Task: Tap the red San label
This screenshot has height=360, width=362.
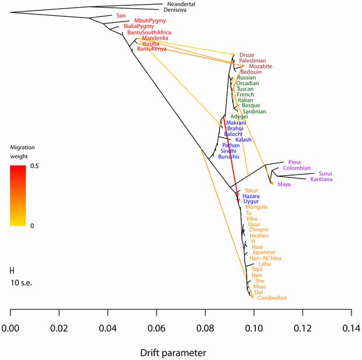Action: coord(121,15)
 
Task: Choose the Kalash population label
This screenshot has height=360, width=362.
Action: coord(243,140)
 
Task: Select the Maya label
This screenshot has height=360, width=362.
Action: coord(284,184)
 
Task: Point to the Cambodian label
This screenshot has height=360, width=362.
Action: coord(272,298)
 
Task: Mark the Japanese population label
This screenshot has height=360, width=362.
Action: coord(263,252)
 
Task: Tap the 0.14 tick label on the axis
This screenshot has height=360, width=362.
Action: coord(351,329)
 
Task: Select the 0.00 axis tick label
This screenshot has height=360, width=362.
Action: coord(11,329)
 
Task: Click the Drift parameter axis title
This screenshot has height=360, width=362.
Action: coord(172,353)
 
